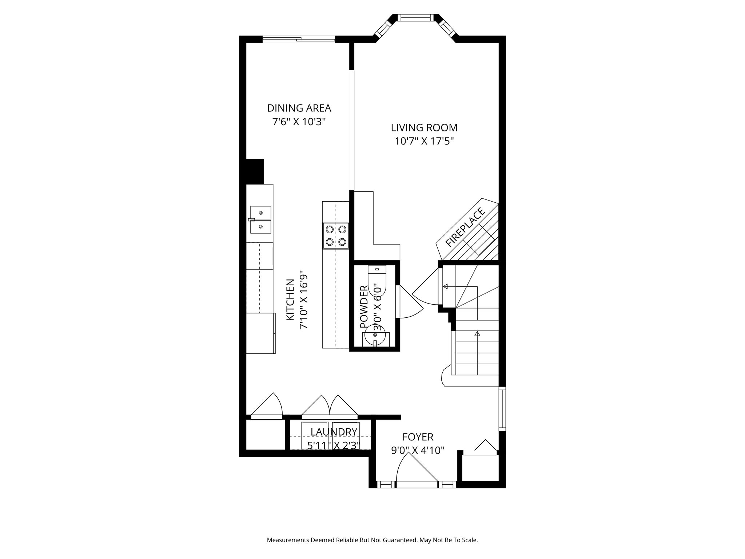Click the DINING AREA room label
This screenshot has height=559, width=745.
coord(299,108)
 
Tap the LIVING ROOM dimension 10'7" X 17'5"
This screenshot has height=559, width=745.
coord(424,141)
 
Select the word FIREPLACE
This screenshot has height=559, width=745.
coord(466,227)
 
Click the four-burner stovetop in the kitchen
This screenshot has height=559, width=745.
coord(336,235)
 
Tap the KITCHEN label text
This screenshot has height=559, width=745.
coord(290,300)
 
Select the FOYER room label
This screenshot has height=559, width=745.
coord(418,437)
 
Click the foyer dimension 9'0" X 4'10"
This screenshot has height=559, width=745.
coord(418,451)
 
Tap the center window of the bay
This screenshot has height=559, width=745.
coord(415,17)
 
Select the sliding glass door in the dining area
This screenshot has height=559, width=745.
coord(299,39)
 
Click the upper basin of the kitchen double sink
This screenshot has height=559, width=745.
coord(260,212)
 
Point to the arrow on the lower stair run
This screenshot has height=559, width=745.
coord(477,333)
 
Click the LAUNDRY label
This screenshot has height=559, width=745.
coord(334,432)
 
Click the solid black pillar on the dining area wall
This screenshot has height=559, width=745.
coord(255,171)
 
